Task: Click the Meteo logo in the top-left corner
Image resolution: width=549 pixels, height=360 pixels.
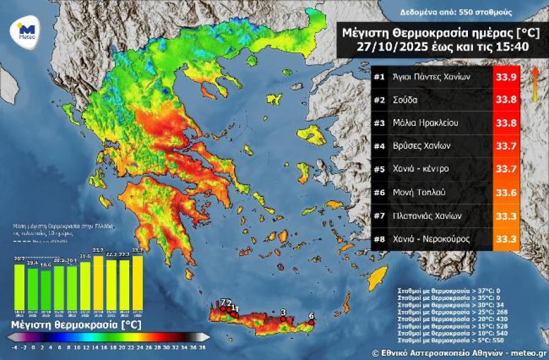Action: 26,31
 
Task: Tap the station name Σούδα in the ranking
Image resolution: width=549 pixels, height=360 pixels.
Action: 405,100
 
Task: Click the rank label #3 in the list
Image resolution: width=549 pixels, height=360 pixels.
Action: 379,123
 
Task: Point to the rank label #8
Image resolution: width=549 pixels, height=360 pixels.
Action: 379,239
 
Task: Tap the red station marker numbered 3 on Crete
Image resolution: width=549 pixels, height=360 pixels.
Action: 283,319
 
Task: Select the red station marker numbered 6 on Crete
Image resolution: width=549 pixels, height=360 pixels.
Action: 311,323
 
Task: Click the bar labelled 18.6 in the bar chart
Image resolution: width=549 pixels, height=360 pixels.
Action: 46,291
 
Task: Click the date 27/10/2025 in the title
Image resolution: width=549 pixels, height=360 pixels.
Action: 388,47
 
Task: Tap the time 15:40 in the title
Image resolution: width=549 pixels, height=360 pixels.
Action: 503,47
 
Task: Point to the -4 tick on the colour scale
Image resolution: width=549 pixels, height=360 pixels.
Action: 14,346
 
